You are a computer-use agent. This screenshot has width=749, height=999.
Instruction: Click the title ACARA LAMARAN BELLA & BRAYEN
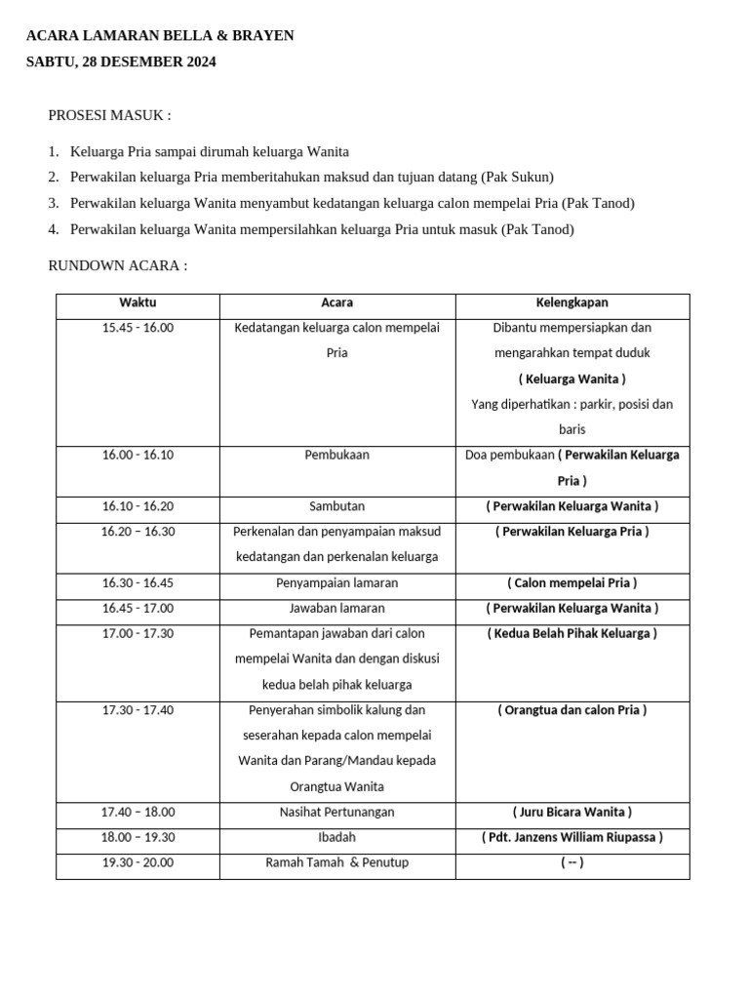pos(160,36)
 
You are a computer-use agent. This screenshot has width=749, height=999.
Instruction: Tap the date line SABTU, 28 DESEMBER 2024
pos(121,62)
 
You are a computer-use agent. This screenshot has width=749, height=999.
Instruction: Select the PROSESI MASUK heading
pos(109,116)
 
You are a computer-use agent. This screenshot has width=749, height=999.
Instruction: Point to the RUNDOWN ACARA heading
pos(117,265)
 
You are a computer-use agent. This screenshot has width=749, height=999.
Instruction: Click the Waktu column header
pos(138,303)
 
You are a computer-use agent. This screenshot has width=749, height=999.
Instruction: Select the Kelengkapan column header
pos(572,303)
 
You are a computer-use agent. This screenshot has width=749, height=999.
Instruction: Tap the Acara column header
pos(337,303)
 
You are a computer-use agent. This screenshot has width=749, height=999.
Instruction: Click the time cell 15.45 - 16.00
pos(138,328)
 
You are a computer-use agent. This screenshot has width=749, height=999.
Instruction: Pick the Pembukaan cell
pos(337,455)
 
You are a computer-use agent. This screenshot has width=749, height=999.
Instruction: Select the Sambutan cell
pos(337,506)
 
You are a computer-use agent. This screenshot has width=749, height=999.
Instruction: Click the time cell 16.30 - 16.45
pos(138,582)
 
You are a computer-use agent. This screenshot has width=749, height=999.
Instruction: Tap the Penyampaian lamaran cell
pos(337,582)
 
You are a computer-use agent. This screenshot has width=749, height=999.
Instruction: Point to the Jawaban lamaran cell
pos(337,608)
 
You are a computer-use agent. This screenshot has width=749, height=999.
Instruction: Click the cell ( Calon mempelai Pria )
pos(572,582)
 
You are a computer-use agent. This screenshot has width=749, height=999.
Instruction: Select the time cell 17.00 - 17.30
pos(138,633)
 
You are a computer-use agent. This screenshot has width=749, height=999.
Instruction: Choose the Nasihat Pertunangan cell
pos(337,812)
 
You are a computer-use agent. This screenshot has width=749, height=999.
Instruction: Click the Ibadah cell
pos(337,837)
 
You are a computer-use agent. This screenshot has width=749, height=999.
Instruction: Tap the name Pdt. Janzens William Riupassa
pos(572,837)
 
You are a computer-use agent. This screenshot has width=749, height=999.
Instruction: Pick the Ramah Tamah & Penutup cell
pos(337,862)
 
